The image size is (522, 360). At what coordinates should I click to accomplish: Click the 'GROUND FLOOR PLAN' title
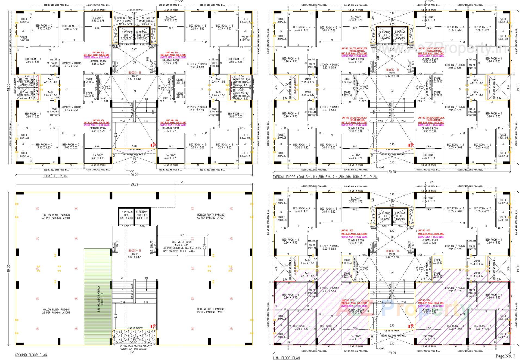(x=31, y=355)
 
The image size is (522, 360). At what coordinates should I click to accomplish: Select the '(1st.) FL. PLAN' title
(x=56, y=176)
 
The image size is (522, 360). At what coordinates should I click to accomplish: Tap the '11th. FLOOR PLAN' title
(x=286, y=358)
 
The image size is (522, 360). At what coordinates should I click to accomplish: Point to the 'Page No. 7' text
(x=505, y=356)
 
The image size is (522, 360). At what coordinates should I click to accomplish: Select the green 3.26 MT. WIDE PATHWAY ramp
(x=98, y=296)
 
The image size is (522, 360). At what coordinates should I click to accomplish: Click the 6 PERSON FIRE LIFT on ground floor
(x=142, y=215)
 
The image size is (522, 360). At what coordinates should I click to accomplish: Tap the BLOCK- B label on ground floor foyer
(x=134, y=251)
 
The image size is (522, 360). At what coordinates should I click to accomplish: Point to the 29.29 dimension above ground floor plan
(x=134, y=184)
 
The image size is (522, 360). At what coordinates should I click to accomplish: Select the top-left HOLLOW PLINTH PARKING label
(x=56, y=216)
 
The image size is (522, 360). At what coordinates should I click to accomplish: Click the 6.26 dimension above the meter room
(x=182, y=235)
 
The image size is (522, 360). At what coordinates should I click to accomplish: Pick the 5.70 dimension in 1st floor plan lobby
(x=134, y=146)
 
